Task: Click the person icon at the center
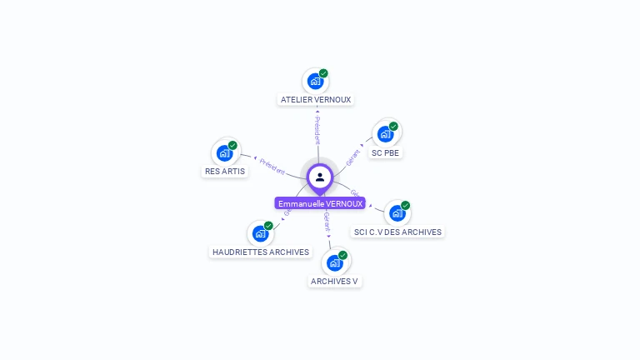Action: pos(320,177)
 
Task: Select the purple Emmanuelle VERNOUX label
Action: pos(320,203)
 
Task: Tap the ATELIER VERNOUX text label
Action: pos(316,99)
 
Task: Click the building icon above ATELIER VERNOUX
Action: pos(315,82)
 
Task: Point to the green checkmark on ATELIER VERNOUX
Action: pos(323,73)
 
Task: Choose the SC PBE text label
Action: pos(386,153)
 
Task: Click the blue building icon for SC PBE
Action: pos(385,134)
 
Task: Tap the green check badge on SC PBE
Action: pos(393,127)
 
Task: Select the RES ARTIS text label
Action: pos(225,171)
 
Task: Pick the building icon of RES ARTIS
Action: pos(224,153)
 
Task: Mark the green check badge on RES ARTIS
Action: pos(232,145)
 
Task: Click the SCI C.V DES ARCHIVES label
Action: pos(397,232)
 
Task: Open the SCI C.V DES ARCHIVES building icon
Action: pos(397,213)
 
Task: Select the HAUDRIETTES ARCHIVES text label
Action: pos(261,252)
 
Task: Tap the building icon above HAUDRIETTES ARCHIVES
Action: pos(260,234)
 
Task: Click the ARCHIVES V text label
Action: pos(334,281)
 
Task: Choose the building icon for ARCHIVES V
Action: pos(334,263)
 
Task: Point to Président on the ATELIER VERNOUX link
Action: pos(317,130)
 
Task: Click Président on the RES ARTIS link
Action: pos(272,166)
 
